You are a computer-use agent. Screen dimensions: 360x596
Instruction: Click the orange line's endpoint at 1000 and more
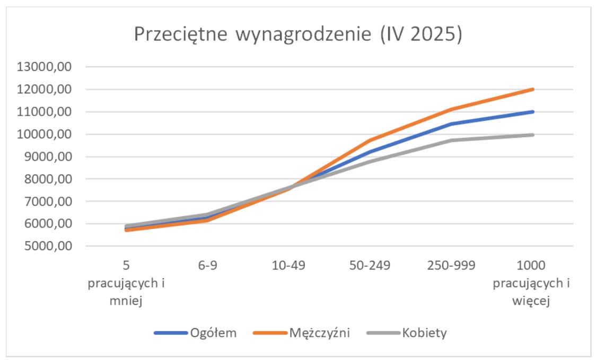coord(532,89)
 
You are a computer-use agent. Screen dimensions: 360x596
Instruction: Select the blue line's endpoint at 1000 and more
coord(532,112)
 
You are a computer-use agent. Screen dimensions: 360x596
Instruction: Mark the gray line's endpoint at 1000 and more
coord(532,135)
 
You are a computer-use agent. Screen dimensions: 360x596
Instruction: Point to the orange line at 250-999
coord(451,109)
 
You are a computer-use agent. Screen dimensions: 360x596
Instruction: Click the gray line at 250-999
coord(451,141)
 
